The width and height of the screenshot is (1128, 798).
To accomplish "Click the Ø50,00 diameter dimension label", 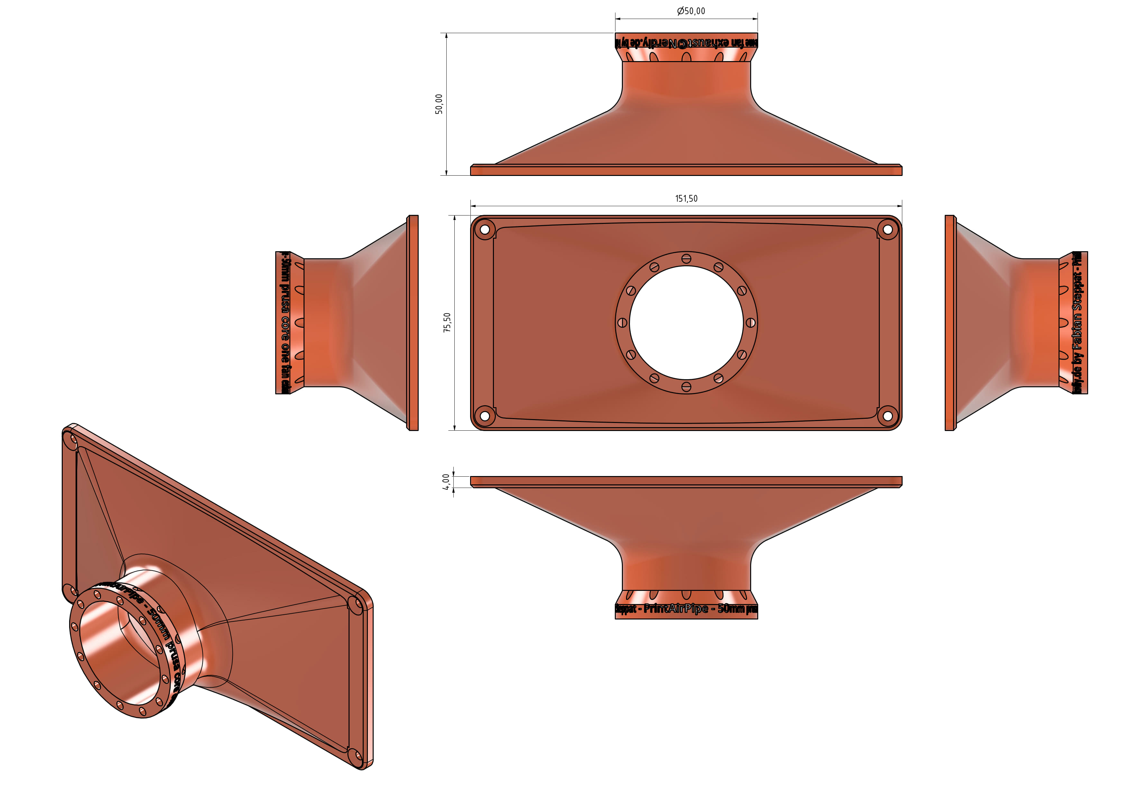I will (x=691, y=11).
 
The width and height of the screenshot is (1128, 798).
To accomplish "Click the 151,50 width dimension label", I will (x=686, y=198).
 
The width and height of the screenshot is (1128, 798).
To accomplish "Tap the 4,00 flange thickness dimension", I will (x=446, y=482).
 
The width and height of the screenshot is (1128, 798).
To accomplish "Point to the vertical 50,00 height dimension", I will (x=439, y=104).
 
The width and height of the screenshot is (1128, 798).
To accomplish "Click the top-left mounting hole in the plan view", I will (x=484, y=229).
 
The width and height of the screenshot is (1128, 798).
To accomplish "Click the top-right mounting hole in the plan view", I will (x=887, y=229).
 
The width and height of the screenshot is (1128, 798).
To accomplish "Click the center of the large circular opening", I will (x=686, y=323).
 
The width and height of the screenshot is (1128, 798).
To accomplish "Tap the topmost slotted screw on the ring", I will (x=686, y=259).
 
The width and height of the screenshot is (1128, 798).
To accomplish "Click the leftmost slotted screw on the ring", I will (x=622, y=323).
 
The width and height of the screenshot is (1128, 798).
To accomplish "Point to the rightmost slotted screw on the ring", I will (x=750, y=323).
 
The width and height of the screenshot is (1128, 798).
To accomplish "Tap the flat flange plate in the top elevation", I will (x=686, y=170).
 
